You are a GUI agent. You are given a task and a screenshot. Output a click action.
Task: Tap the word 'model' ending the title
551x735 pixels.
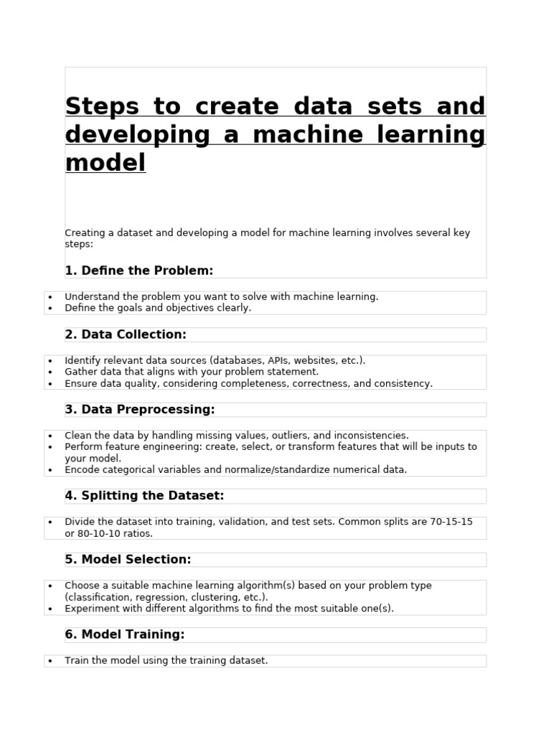click(105, 163)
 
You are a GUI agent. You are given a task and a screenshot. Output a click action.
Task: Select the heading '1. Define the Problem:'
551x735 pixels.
click(139, 271)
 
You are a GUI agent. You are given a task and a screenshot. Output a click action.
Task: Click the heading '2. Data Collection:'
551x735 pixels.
click(126, 334)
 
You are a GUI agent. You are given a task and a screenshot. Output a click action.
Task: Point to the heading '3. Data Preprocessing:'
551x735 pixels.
click(140, 409)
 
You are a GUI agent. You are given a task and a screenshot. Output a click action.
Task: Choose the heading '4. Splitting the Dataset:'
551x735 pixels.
click(144, 495)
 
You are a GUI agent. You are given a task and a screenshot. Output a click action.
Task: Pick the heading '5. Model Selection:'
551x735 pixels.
click(128, 559)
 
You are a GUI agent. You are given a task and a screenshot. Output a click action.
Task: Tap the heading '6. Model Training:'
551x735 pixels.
click(125, 635)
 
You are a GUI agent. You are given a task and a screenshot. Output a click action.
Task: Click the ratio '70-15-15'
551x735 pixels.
click(451, 522)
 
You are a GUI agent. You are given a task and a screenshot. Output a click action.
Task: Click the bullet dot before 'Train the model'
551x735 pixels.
click(50, 661)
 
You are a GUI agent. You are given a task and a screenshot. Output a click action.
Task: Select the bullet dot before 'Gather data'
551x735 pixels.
click(50, 373)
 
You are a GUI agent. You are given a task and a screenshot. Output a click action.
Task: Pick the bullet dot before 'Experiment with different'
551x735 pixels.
click(50, 609)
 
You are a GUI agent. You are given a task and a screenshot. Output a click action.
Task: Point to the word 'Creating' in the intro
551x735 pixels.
click(85, 233)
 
